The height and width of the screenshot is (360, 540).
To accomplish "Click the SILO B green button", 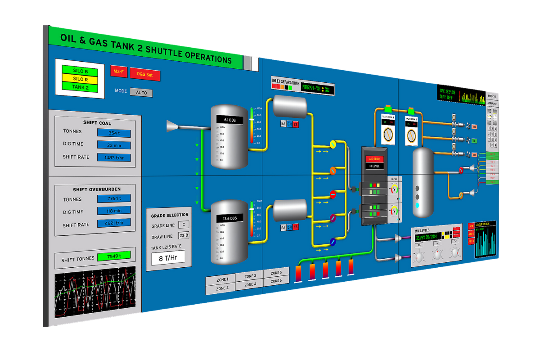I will pos(80,71).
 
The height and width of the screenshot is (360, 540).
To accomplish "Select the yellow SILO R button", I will pos(80,79).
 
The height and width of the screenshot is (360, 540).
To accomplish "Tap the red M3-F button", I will pos(119,72).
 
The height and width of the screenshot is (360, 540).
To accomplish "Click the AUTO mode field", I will pos(141,93).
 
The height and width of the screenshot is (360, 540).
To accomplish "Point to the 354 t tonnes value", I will pos(114,133).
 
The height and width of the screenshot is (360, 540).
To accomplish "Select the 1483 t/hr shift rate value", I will pos(114,158).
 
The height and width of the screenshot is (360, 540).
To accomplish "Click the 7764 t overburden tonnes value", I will pos(114,198).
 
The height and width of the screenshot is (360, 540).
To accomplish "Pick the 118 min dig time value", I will pos(114,211).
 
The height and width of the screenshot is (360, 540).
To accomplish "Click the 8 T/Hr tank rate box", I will pos(167,259).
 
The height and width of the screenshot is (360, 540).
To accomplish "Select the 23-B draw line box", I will pos(184,235).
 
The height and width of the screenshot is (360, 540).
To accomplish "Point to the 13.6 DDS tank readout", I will pos(229,218).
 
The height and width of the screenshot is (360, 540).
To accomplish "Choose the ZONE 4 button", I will pos(250,284).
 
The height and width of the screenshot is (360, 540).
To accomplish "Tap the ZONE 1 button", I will pos(220,279).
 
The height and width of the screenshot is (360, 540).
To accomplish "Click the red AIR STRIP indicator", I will pos(374,158).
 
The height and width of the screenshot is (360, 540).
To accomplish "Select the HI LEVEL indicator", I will pos(374,166).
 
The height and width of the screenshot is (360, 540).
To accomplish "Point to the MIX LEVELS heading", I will pos(425,230).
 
